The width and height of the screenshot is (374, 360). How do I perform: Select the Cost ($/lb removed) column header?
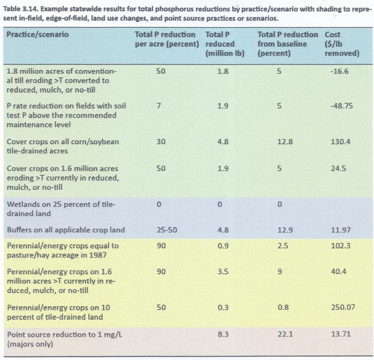click(x=336, y=44)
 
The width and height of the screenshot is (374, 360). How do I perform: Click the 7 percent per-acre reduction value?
click(x=160, y=106)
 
